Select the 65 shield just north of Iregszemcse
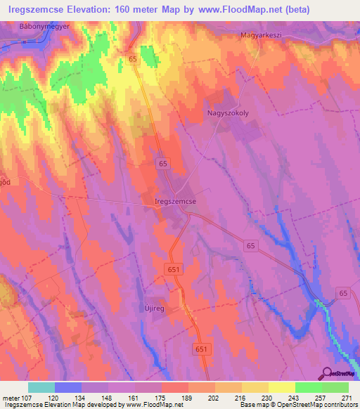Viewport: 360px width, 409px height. click(x=164, y=163)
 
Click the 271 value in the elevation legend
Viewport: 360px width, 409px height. click(x=345, y=398)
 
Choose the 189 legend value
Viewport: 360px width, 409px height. click(x=186, y=398)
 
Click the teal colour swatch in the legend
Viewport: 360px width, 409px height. click(x=41, y=387)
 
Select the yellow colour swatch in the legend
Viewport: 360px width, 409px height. click(x=282, y=387)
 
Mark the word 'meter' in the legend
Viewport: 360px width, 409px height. click(x=11, y=398)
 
